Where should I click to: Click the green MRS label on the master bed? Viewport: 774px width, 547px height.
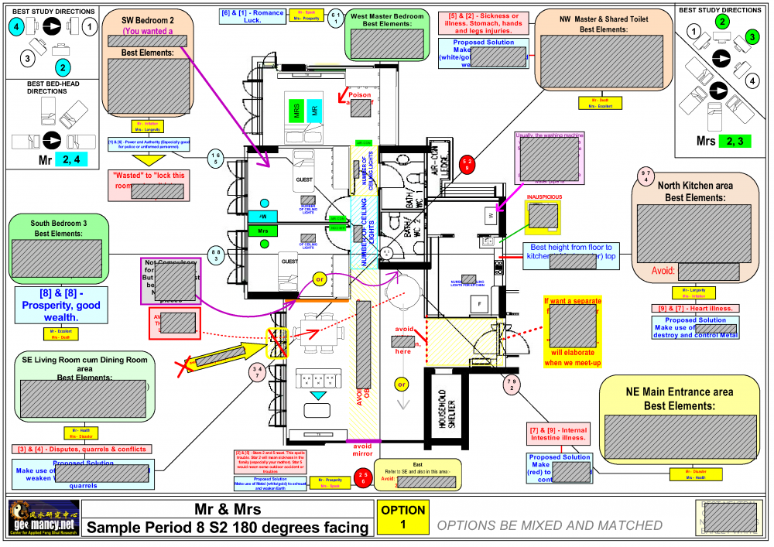(296, 110)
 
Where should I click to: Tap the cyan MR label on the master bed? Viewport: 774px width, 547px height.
(313, 110)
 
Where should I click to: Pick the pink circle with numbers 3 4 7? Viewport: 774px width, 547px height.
(258, 374)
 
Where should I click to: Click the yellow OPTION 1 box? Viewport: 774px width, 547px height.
(403, 517)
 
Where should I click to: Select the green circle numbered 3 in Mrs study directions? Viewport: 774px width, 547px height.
(752, 37)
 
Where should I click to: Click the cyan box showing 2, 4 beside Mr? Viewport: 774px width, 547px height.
(75, 159)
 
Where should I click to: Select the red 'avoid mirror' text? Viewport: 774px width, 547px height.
(362, 450)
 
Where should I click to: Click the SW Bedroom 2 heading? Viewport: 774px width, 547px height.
(147, 19)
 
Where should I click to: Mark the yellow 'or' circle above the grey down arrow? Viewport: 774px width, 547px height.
(401, 384)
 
